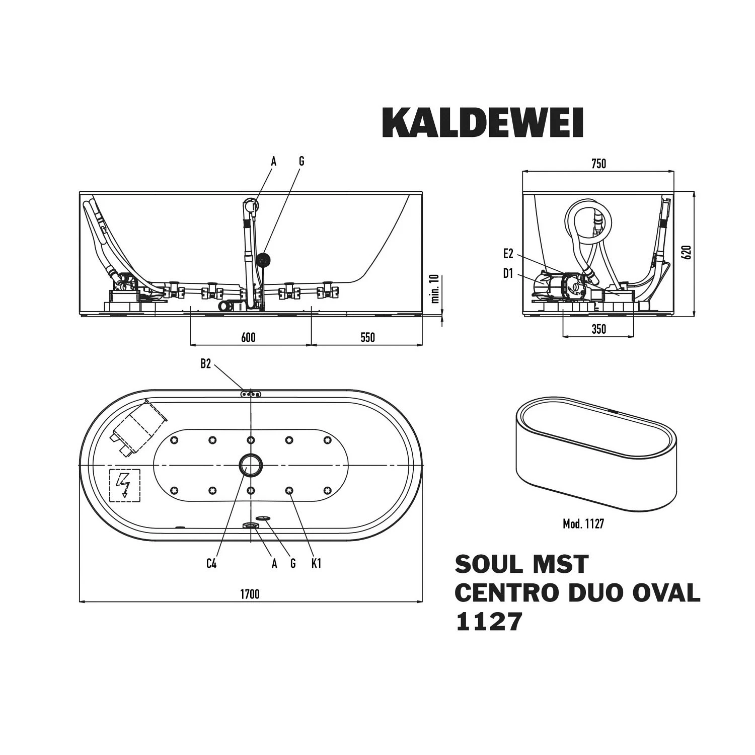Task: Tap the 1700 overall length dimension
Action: (249, 594)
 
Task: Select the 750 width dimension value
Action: (598, 164)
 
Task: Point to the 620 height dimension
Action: (687, 251)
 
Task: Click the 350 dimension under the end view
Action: (598, 329)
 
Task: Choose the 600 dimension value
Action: (248, 337)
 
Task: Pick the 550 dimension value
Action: (367, 337)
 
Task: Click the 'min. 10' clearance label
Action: (435, 288)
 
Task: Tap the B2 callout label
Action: (206, 364)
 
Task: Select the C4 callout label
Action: (211, 564)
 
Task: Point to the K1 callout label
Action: (316, 564)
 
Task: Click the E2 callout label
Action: (508, 255)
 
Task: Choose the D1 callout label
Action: (508, 274)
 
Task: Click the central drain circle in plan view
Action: (250, 465)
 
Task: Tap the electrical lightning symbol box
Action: (125, 485)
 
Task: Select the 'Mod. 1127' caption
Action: (583, 524)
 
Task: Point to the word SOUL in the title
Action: (484, 564)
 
